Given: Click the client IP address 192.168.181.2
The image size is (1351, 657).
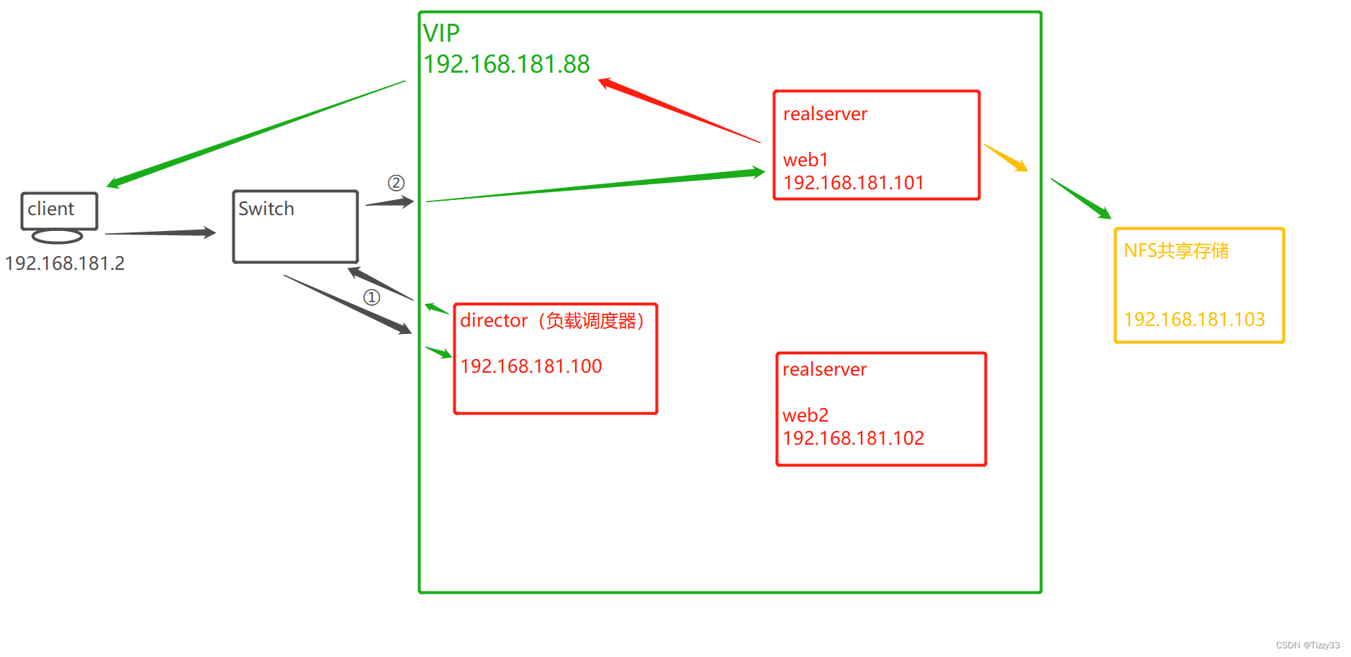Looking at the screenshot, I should [x=65, y=263].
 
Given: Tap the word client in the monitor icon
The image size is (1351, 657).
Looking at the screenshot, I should [x=50, y=209].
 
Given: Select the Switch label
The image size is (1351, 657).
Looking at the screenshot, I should [x=266, y=209].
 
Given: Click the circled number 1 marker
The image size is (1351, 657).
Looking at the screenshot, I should [x=371, y=297].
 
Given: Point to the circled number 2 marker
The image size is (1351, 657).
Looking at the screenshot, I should [x=396, y=183].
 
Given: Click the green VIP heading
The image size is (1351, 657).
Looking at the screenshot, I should [x=441, y=33].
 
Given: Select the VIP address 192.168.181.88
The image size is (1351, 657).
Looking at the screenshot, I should [x=507, y=65].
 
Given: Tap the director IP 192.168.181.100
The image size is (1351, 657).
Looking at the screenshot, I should [x=531, y=366].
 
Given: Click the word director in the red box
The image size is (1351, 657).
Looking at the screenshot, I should [x=494, y=320].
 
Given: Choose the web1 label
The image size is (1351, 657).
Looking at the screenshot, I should [x=805, y=160].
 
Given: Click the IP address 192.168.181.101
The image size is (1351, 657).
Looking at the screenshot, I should [x=854, y=183].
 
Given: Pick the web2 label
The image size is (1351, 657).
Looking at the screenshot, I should [x=805, y=415].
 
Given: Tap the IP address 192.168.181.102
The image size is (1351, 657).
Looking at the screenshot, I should [x=854, y=438].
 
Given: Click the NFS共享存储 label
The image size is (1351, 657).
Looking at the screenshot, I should [x=1176, y=250].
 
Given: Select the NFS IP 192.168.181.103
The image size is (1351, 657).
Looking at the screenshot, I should [x=1194, y=320].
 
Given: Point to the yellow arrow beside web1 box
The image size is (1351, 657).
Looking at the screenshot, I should [x=1006, y=158].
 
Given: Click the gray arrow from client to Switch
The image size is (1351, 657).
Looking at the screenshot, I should [x=161, y=232].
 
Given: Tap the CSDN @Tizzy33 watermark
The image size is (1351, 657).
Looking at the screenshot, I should [x=1308, y=645].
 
